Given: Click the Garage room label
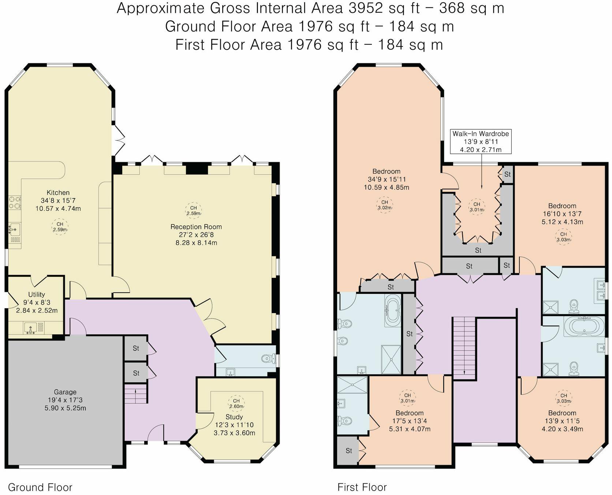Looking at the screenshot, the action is click(x=65, y=392).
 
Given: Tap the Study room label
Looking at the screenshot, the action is click(x=234, y=417).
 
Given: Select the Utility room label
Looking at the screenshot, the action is click(x=37, y=294).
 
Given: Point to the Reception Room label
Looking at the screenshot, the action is click(x=196, y=227).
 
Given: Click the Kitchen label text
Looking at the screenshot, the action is click(x=58, y=193).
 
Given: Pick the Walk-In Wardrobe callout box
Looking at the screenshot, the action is click(x=481, y=141).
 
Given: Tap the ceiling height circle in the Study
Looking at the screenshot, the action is click(x=236, y=403).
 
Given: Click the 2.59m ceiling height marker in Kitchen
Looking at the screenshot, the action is click(x=60, y=227).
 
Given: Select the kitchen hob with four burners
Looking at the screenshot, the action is click(x=15, y=202).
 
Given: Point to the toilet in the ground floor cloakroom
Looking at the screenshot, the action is click(x=269, y=358).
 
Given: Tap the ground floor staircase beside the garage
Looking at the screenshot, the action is click(x=136, y=393).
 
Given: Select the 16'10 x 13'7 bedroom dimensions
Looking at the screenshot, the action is click(x=562, y=214).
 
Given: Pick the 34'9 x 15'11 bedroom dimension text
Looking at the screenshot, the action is click(x=387, y=179).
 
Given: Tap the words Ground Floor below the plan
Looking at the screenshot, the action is click(x=40, y=487).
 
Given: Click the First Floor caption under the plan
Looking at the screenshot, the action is click(x=362, y=487).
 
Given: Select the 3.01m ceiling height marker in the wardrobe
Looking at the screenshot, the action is click(x=477, y=207).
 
